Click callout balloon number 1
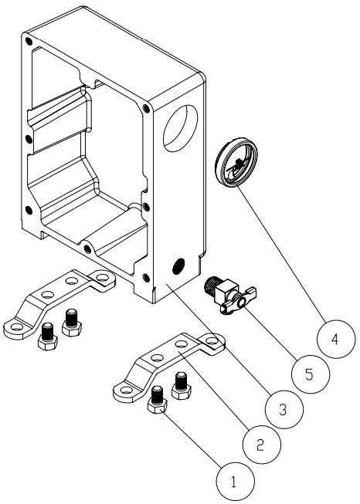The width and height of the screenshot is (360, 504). [235, 482]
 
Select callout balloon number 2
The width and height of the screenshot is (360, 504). [262, 445]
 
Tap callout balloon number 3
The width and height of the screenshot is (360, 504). [284, 410]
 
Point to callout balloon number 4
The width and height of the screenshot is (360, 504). [336, 339]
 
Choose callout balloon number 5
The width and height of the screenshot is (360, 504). [311, 374]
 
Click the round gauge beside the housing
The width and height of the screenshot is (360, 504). [236, 162]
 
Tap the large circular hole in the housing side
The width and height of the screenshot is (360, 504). [180, 128]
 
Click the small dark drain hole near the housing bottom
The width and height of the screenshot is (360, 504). [178, 266]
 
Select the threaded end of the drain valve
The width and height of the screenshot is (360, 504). [211, 285]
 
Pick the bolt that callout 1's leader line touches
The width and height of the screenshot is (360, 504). [157, 400]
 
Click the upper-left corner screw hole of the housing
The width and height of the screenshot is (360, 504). [29, 41]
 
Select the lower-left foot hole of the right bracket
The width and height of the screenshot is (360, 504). [126, 391]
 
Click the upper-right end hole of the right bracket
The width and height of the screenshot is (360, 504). [212, 340]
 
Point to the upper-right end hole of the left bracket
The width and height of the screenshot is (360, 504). [103, 277]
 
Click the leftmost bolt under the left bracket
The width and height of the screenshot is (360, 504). [48, 337]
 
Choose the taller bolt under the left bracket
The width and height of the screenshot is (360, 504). [72, 323]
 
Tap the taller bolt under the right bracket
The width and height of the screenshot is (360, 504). [182, 386]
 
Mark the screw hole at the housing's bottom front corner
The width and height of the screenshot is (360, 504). [146, 278]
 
